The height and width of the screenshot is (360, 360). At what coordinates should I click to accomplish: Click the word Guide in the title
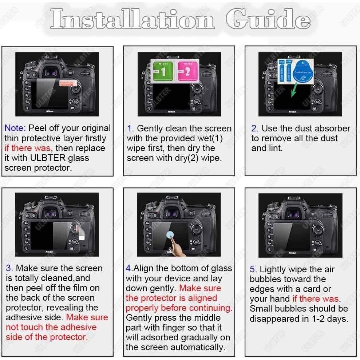[268, 19]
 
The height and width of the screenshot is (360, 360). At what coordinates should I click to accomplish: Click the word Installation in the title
[132, 19]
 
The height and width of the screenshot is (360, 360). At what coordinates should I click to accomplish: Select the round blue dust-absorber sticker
[304, 71]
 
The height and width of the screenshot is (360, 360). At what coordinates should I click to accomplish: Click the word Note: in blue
[15, 128]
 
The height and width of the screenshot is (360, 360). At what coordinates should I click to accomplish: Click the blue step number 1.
[130, 128]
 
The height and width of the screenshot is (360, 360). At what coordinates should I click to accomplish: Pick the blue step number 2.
[254, 128]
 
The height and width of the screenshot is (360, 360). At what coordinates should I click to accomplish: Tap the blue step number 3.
[9, 268]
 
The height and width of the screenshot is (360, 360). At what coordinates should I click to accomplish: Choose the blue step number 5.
[253, 269]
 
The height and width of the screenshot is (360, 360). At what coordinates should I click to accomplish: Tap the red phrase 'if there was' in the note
[27, 148]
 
